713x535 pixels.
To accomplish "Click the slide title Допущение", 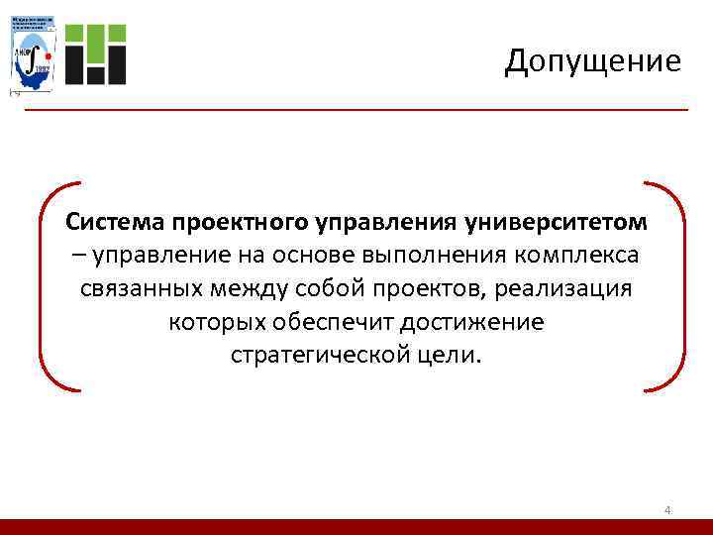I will point(592,61).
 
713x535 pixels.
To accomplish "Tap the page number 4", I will point(667,510).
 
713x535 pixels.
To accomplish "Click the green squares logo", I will point(97,52).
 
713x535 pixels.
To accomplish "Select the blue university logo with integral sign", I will point(33,52).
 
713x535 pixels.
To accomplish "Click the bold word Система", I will point(111,219).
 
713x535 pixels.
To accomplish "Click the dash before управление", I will point(78,254).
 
